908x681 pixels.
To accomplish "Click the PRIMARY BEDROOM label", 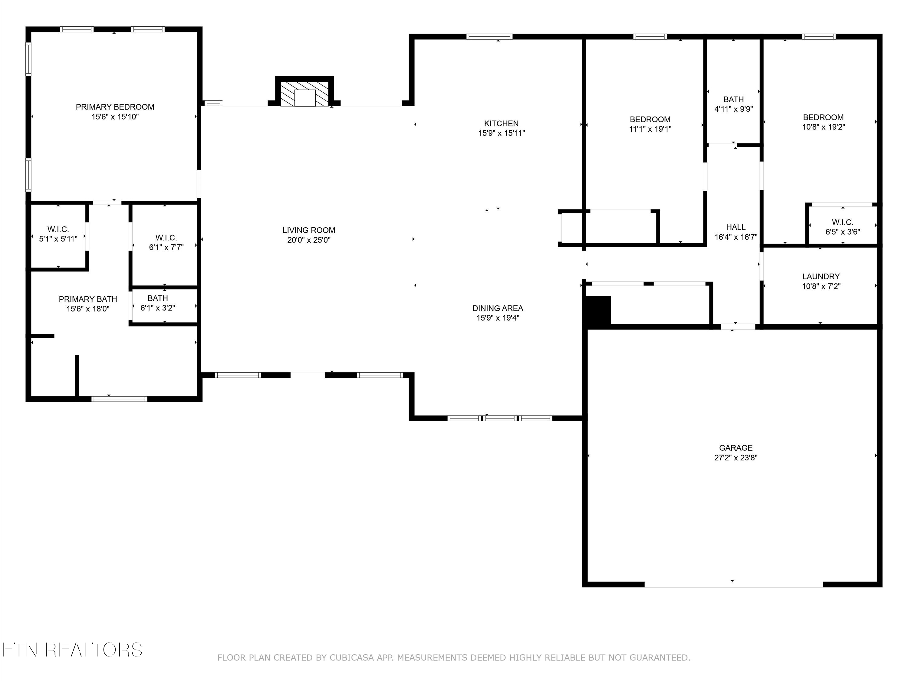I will (115, 107).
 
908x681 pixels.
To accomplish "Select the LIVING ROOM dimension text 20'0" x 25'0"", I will (309, 240).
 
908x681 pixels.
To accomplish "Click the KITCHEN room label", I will (501, 123).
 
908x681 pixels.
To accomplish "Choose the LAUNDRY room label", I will (821, 277).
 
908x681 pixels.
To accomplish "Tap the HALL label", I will (735, 227).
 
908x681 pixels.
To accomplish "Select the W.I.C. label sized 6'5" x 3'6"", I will (843, 222).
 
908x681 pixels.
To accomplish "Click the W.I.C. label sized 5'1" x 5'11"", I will (58, 229).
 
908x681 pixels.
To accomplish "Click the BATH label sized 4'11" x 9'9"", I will (734, 99).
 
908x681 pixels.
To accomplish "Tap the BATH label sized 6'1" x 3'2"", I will (158, 298).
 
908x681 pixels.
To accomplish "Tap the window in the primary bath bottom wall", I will (119, 399).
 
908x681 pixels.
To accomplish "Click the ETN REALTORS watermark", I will (72, 650).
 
